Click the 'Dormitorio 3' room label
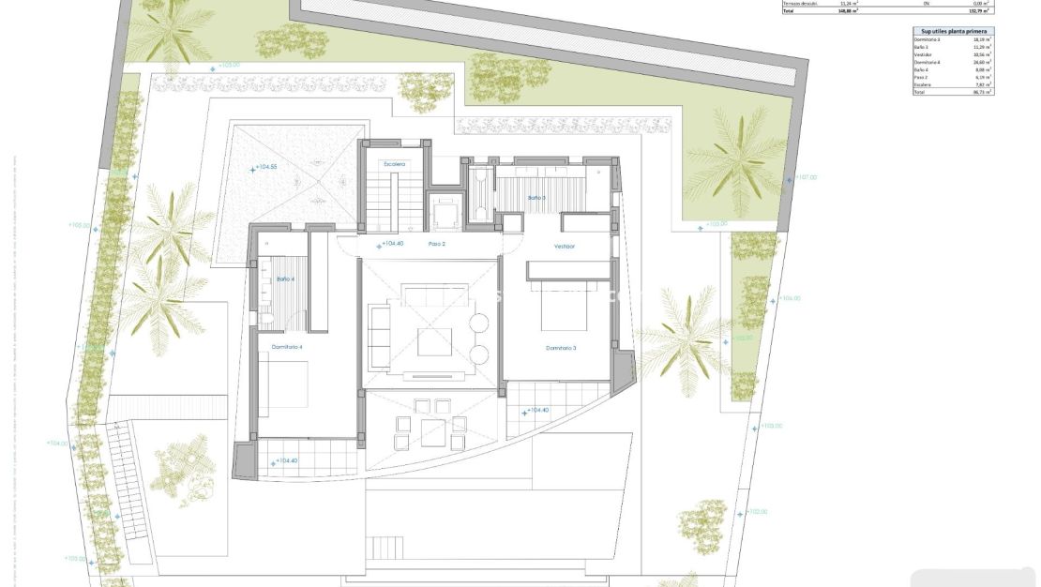pos(560,348)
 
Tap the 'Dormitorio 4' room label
pos(287,347)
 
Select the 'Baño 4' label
pos(285,278)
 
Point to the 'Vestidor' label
pos(564,247)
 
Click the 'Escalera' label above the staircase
pos(394,164)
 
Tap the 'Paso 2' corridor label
pos(436,244)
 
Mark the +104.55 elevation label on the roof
pos(266,167)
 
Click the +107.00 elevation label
pos(805,176)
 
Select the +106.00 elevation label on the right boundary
pos(789,298)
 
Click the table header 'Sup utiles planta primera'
pos(953,31)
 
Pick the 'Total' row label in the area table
pos(919,93)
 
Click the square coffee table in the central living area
pos(434,341)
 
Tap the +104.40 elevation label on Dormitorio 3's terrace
pos(536,411)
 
